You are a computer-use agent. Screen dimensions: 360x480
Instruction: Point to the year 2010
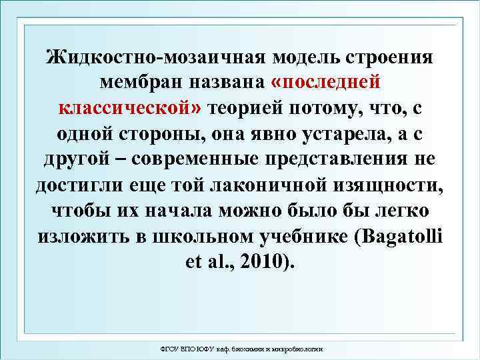[x=261, y=261]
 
